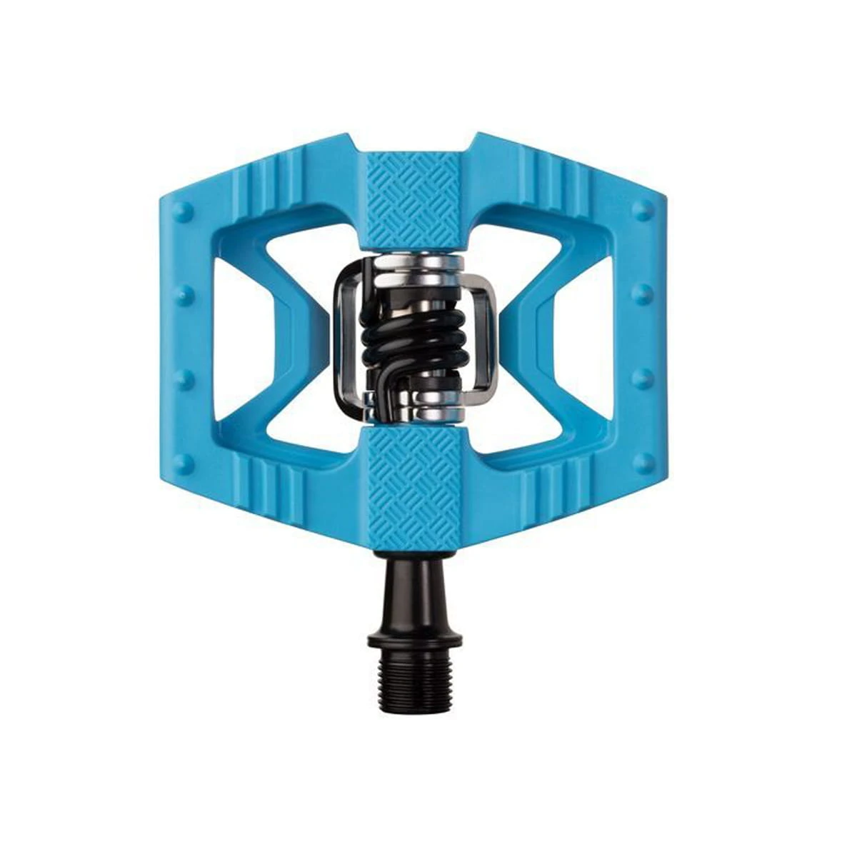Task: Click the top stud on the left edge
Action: point(184,211)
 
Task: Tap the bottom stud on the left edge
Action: point(184,462)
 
